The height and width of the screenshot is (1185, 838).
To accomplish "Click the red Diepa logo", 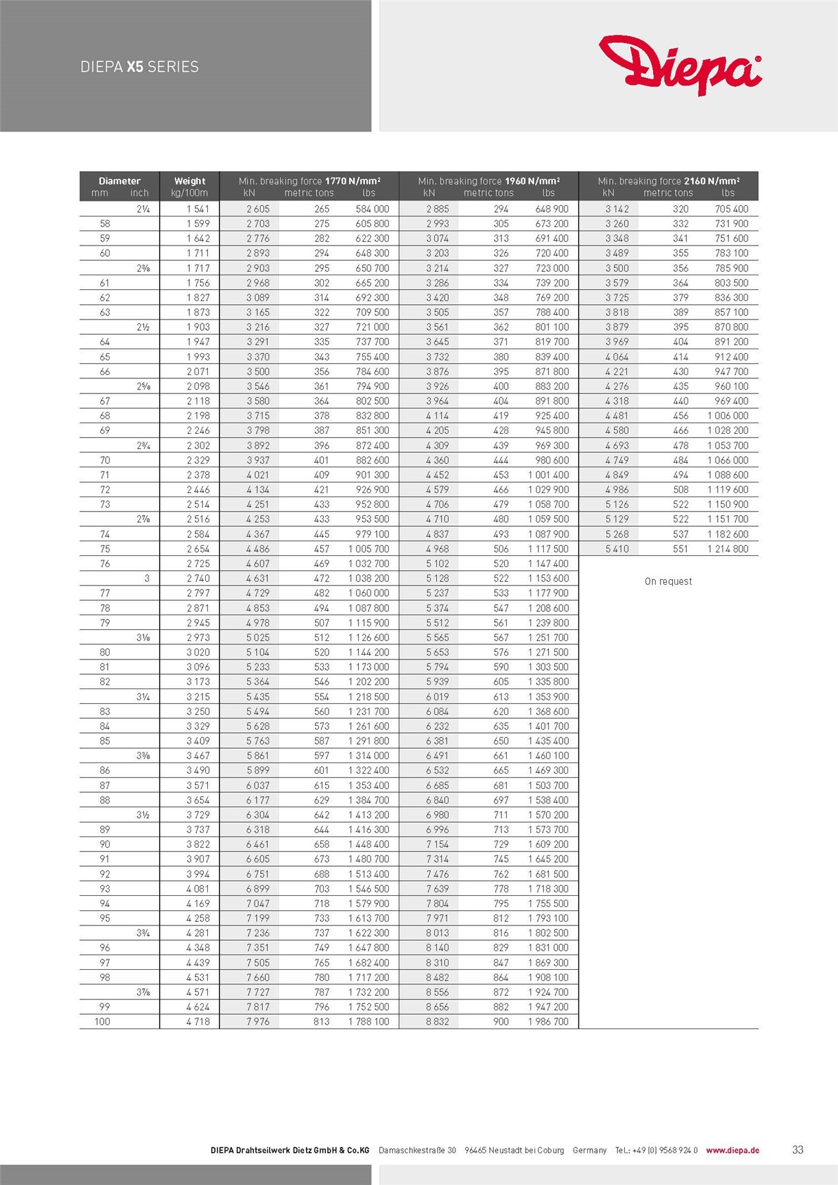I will pos(680,65).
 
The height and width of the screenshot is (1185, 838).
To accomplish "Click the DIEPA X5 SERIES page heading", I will pos(139,67).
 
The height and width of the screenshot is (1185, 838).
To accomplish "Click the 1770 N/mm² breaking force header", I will pos(309,181).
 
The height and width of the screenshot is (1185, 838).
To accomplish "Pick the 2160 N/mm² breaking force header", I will pos(668,181).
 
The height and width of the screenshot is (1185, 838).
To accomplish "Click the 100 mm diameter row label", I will pos(102,1021).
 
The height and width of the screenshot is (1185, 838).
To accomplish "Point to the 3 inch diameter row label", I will pos(146,578).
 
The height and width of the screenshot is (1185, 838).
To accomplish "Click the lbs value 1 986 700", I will pos(548,1021).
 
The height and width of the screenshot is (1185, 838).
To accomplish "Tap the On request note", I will pos(668,582).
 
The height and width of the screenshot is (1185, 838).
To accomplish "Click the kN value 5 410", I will pos(617,549).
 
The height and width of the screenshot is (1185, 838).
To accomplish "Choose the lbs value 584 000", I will pos(372,209).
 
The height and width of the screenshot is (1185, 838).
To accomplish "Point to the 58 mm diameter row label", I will pos(105,224).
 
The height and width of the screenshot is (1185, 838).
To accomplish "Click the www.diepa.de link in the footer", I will pos(732,1150).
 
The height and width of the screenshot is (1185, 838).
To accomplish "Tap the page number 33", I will pos(798,1150).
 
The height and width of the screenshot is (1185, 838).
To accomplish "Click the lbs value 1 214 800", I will pos(728,549).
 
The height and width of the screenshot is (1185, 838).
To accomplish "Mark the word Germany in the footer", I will pos(589,1150).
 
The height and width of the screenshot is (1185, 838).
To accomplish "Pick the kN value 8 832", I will pos(437,1021).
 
